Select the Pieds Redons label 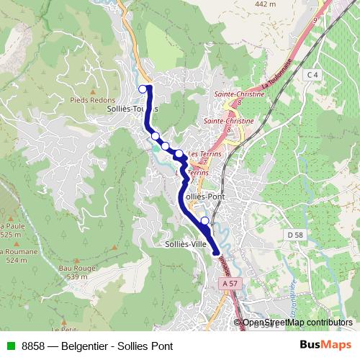tap(89, 100)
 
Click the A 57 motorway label tap(230, 284)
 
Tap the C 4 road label tap(311, 74)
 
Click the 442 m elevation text tap(265, 4)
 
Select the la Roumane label tap(12, 251)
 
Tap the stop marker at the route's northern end tap(143, 89)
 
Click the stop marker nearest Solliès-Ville tap(205, 220)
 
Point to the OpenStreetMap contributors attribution tap(297, 322)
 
